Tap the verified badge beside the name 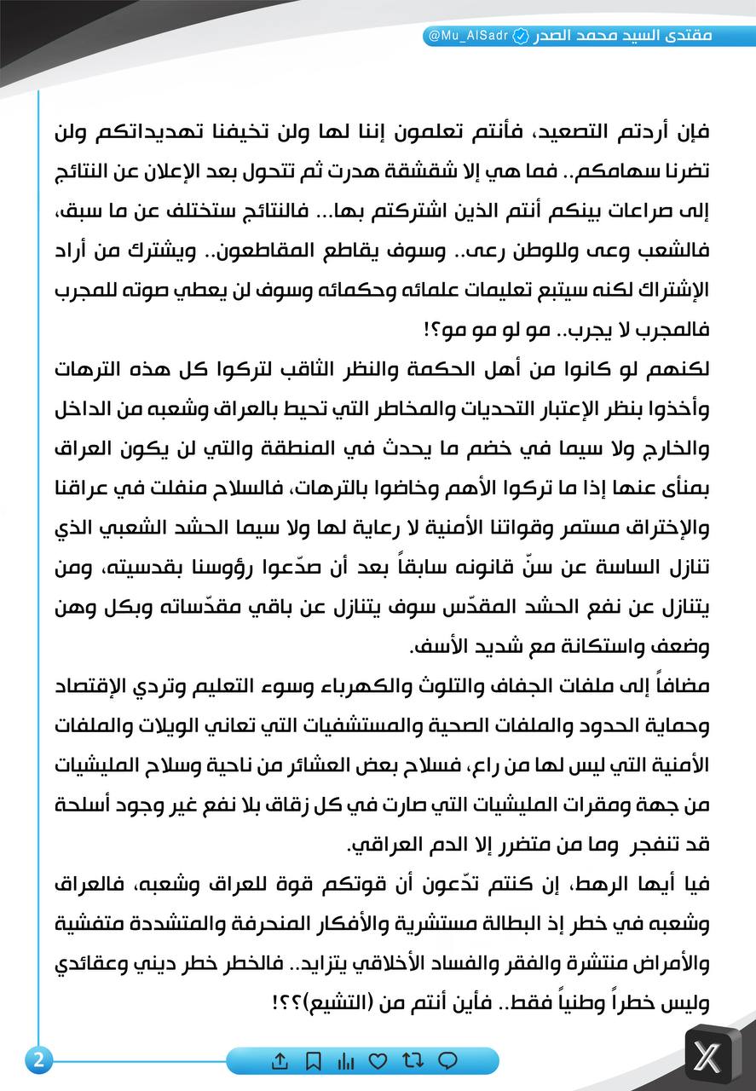[521, 38]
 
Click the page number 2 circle [38, 1060]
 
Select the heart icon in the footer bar [378, 1061]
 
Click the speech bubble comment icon [447, 1061]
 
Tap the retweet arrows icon [413, 1061]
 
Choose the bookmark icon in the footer [313, 1061]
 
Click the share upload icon [280, 1061]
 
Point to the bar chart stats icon [345, 1061]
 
